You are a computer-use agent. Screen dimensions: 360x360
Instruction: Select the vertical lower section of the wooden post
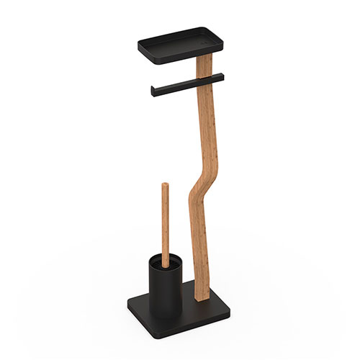pyautogui.click(x=198, y=252)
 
